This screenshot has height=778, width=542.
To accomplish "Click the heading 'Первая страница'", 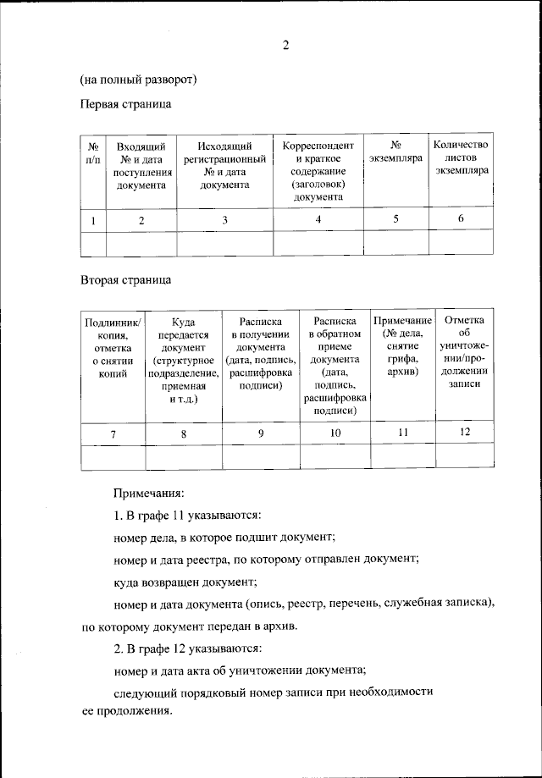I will coord(126,105).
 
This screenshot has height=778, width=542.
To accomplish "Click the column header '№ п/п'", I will coord(92,152).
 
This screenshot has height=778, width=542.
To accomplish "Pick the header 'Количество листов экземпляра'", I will coord(461,157).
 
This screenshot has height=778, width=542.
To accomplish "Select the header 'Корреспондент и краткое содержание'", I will coord(318,170).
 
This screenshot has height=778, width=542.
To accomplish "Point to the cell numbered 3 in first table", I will coord(225,219).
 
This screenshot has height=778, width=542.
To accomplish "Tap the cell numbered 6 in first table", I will coord(461,218).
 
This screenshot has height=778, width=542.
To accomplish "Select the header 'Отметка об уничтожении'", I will coord(463,351).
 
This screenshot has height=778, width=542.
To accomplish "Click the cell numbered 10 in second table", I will coord(335,433).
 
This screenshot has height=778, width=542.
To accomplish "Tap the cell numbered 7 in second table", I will coord(113,433).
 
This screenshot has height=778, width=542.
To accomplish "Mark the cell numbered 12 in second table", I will coord(463,432).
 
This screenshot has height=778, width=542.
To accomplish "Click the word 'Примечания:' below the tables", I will coord(148,492).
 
